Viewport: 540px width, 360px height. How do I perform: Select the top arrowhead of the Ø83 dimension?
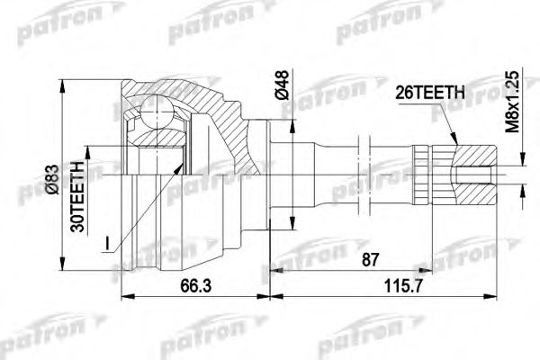pos(64,82)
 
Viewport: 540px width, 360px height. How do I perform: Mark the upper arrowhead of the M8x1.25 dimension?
pos(520,165)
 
